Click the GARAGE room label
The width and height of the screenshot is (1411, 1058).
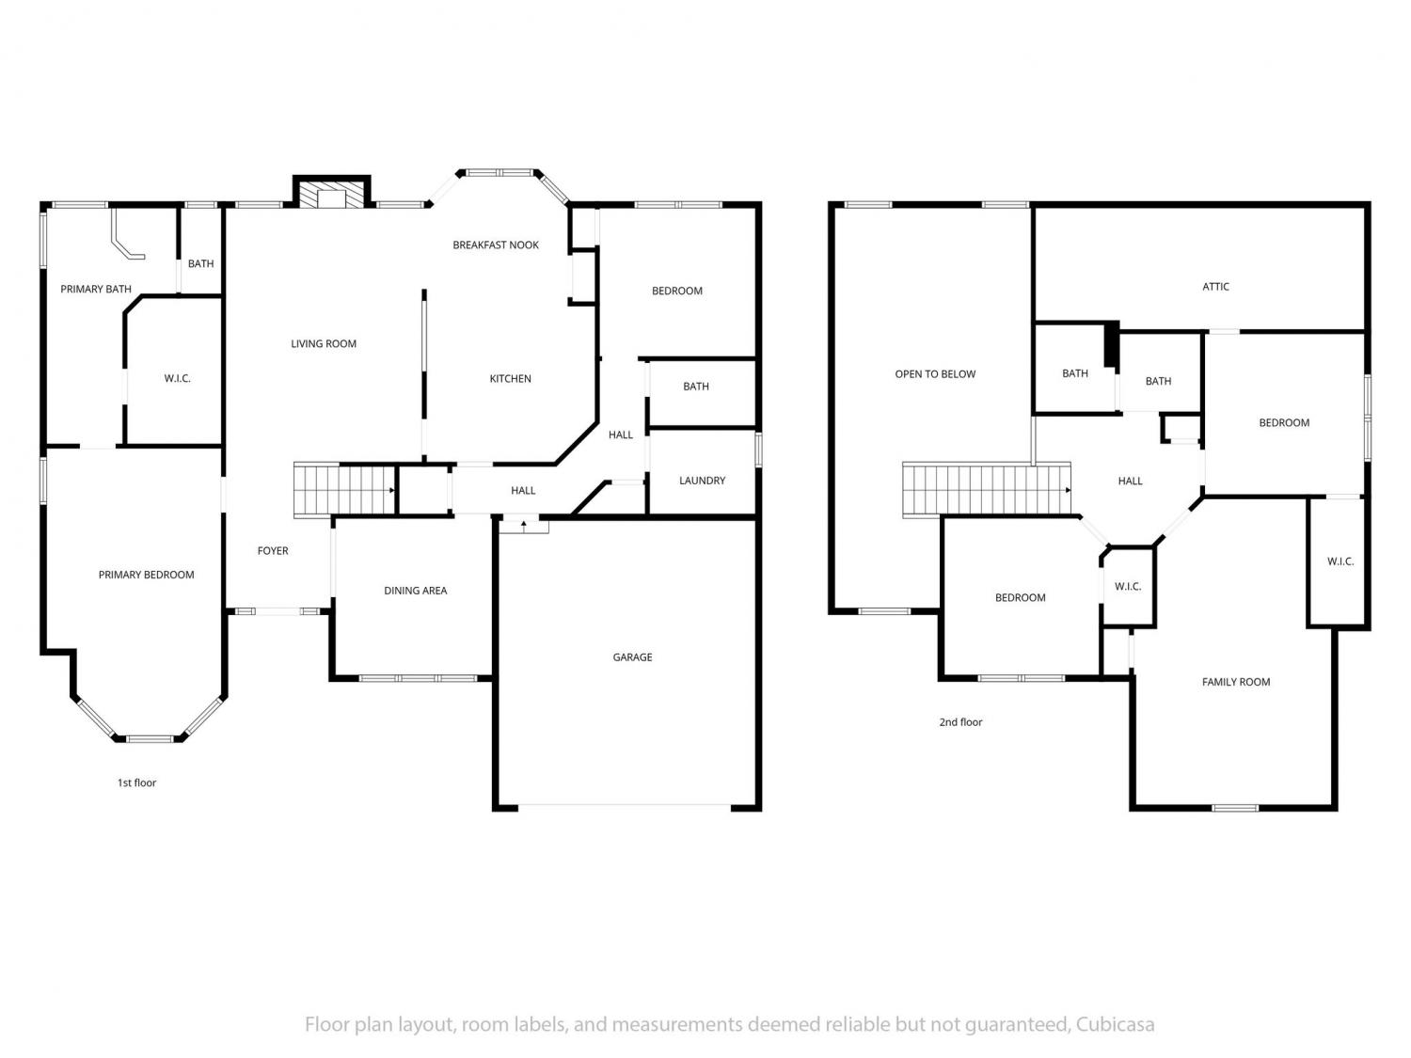click(x=632, y=656)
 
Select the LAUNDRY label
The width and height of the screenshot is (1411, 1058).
click(x=702, y=480)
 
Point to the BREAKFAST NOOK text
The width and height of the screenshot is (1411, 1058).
click(x=496, y=245)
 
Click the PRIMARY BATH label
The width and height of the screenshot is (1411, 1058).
click(x=96, y=289)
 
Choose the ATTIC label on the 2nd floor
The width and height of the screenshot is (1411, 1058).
click(x=1215, y=287)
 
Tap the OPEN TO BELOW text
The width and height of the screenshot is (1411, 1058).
click(x=935, y=374)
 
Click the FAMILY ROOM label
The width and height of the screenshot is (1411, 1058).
click(x=1235, y=682)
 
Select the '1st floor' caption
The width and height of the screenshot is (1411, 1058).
click(x=136, y=782)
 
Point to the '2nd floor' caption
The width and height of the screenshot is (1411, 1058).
click(x=960, y=722)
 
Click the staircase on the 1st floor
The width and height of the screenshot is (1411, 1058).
click(x=344, y=489)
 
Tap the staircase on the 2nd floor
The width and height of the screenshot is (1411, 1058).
click(x=987, y=489)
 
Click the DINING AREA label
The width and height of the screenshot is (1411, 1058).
click(x=415, y=591)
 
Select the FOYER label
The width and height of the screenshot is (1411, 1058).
click(x=273, y=550)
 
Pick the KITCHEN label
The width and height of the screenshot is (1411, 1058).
click(x=511, y=378)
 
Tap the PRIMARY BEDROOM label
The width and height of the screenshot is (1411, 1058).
click(x=146, y=575)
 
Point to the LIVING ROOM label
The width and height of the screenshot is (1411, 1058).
click(x=324, y=343)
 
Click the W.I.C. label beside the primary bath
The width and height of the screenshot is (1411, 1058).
click(x=177, y=378)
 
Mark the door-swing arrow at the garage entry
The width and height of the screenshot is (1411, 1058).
click(x=524, y=526)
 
